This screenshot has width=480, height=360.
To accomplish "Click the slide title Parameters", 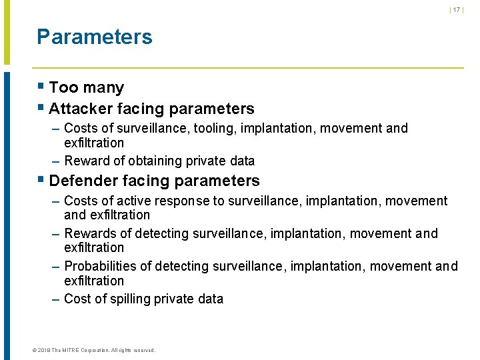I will tap(95, 37).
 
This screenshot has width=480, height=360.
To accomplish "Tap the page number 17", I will tap(457, 9).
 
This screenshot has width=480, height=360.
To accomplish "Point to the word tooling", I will tap(210, 128).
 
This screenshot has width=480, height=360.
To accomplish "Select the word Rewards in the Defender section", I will tap(89, 233).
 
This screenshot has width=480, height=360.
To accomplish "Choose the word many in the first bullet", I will tap(106, 87).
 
